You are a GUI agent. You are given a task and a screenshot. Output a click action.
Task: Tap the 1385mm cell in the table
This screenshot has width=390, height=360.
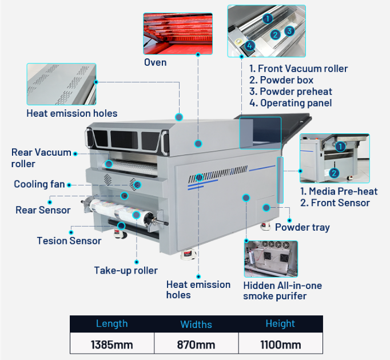[x=112, y=345]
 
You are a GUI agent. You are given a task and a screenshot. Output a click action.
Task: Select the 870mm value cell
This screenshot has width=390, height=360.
[x=196, y=345]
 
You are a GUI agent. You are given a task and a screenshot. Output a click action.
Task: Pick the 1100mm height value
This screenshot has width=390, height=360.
[x=280, y=345]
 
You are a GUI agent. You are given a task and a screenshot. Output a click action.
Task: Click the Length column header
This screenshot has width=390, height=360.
[x=112, y=324]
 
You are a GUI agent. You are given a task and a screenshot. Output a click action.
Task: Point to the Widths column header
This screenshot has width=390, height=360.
[x=196, y=325]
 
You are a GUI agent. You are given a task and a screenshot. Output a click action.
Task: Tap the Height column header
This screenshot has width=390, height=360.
[x=280, y=324]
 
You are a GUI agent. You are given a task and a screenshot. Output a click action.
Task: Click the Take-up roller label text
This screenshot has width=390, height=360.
[x=126, y=270]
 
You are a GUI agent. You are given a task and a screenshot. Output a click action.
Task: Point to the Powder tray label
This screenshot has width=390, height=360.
[x=303, y=227]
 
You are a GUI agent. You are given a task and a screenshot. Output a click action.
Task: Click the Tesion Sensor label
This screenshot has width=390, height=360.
[x=69, y=240]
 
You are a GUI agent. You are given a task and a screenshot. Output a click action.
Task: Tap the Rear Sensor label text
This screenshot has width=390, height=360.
[x=43, y=210]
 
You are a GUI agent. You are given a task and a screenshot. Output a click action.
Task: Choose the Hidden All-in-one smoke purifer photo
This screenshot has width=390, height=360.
[x=270, y=259]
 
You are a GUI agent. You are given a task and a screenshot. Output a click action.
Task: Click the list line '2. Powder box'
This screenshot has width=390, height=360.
[x=281, y=80]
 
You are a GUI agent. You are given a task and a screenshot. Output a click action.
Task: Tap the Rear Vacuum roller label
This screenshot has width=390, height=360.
[x=41, y=158]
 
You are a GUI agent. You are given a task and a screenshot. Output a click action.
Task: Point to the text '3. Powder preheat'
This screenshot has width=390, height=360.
[x=290, y=92]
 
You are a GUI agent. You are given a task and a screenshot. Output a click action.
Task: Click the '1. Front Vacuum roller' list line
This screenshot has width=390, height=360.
[x=299, y=69]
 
